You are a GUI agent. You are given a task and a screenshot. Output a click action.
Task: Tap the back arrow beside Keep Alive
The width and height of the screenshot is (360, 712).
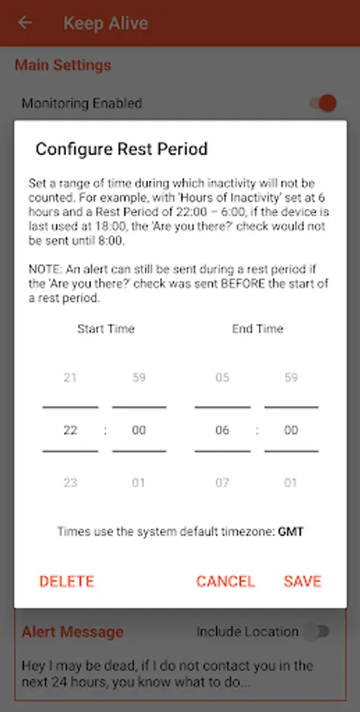tap(25, 23)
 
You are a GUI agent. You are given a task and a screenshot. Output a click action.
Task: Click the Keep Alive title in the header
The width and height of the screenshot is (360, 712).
tap(105, 23)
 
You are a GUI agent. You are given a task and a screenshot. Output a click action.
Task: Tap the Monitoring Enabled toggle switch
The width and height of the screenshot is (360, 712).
tap(322, 103)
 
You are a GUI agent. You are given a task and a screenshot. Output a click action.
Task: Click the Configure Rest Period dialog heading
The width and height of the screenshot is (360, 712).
tap(121, 149)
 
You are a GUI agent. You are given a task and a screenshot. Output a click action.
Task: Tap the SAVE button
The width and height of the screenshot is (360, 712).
tap(302, 581)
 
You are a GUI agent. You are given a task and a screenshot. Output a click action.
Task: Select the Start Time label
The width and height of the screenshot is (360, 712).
tap(105, 328)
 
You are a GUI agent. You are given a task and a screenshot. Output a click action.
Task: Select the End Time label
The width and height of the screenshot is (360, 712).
tap(257, 328)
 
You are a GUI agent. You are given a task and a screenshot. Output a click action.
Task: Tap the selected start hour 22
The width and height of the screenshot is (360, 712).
tap(70, 430)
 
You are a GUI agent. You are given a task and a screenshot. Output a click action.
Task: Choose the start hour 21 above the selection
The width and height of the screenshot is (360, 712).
tap(70, 377)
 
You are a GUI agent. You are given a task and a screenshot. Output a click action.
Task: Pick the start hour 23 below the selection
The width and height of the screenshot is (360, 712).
tap(70, 483)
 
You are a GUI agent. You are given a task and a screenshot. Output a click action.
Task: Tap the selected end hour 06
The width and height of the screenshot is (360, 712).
tap(222, 430)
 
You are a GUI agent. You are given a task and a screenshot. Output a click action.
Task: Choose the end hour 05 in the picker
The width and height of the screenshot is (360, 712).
tap(222, 377)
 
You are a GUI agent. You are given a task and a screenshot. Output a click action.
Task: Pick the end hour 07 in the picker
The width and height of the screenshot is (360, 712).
tap(222, 483)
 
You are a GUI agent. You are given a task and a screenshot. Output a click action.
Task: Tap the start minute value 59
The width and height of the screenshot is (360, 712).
tap(138, 377)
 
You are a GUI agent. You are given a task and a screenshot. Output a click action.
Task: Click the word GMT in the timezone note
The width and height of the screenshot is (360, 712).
tap(290, 532)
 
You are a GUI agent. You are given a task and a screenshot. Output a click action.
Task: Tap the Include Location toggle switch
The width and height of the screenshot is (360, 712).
tap(317, 631)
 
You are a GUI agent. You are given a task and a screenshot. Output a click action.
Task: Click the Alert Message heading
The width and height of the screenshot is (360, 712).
tap(72, 632)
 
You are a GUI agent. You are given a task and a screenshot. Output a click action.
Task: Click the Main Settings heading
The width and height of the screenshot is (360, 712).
tap(63, 65)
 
